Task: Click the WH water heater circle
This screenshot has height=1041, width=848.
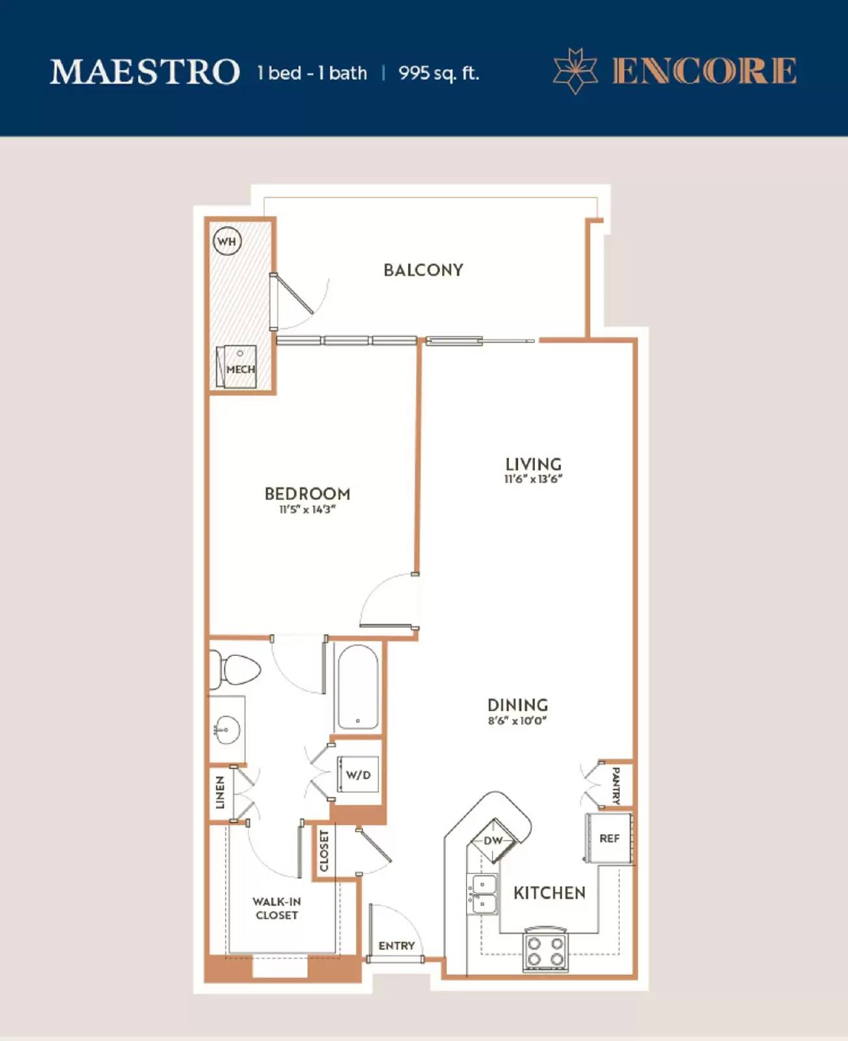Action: click(x=227, y=241)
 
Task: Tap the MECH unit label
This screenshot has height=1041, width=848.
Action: click(x=241, y=370)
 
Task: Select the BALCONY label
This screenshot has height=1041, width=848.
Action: click(x=423, y=270)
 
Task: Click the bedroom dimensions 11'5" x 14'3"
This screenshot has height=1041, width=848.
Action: click(x=307, y=509)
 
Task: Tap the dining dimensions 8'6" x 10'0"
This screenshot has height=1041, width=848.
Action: click(x=517, y=720)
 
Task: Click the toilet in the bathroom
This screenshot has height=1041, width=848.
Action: click(x=235, y=669)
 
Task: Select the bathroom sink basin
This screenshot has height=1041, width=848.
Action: click(x=226, y=730)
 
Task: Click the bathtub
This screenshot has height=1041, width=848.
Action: click(x=358, y=687)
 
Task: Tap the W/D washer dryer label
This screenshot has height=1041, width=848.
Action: click(x=358, y=775)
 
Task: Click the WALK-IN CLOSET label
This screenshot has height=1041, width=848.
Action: click(x=277, y=908)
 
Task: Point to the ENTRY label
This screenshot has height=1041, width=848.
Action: click(x=396, y=946)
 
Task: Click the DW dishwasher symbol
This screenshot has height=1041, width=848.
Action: click(x=493, y=841)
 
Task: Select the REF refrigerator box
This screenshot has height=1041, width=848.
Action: click(x=609, y=838)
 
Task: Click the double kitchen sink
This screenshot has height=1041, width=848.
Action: click(x=484, y=895)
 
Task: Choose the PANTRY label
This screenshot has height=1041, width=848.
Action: click(x=616, y=786)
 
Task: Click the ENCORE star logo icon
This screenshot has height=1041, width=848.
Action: click(x=576, y=71)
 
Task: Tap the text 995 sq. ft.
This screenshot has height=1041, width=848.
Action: click(x=439, y=74)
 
